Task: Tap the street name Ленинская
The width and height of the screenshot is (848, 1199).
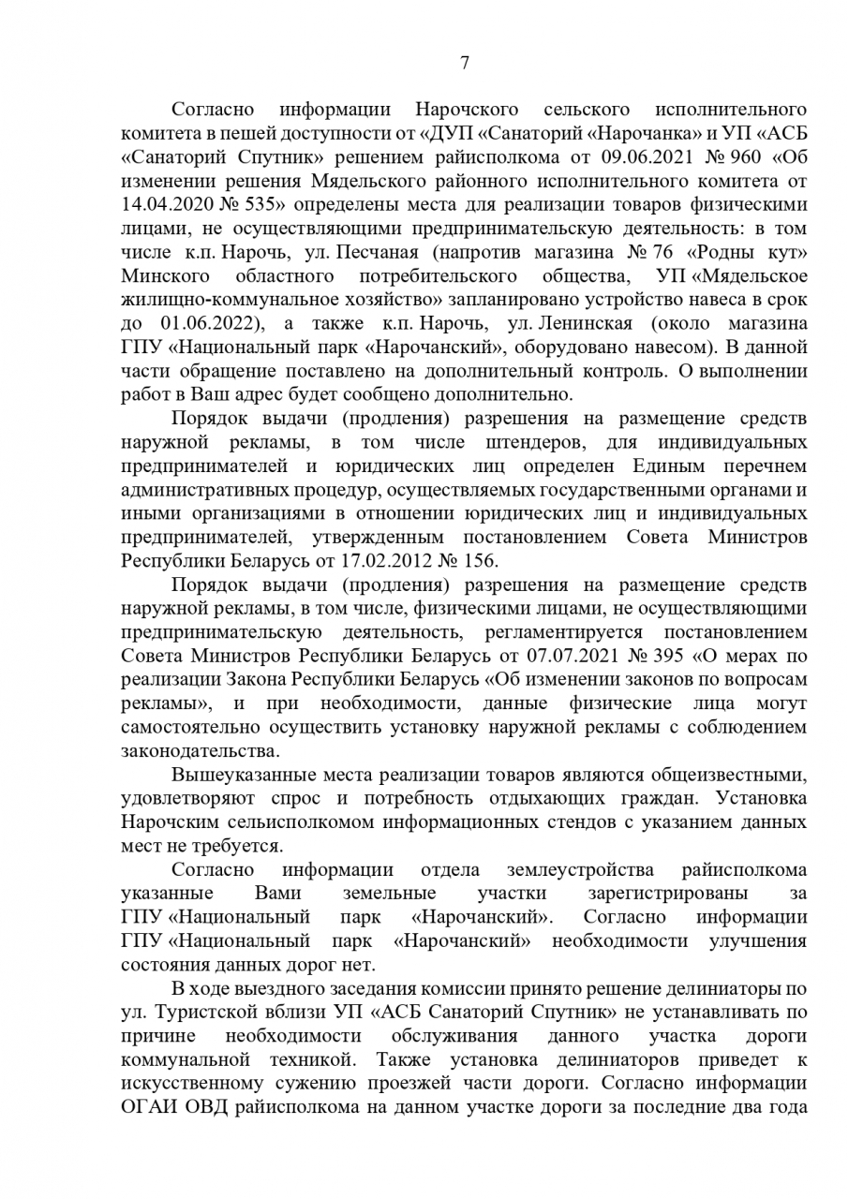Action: tap(586, 324)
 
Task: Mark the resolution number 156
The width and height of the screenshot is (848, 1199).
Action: tap(481, 560)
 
